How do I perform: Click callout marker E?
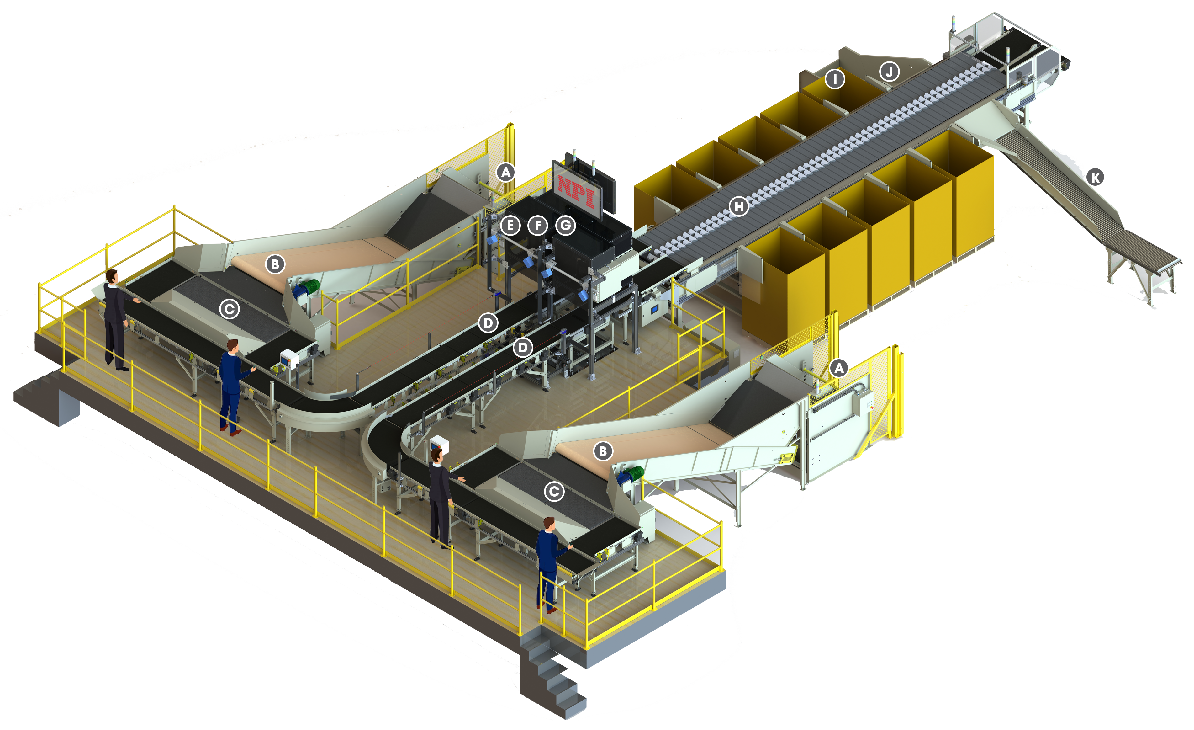click(510, 225)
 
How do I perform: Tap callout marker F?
click(537, 225)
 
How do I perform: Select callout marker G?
click(565, 225)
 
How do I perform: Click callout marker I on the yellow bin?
click(834, 78)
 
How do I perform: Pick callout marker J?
click(889, 72)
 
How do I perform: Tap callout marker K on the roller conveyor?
click(1095, 178)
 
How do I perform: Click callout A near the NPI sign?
click(505, 172)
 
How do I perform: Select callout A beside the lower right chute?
click(839, 368)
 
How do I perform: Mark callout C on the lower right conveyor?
click(554, 492)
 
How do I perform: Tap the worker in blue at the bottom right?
click(549, 562)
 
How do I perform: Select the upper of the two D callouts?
click(488, 322)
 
